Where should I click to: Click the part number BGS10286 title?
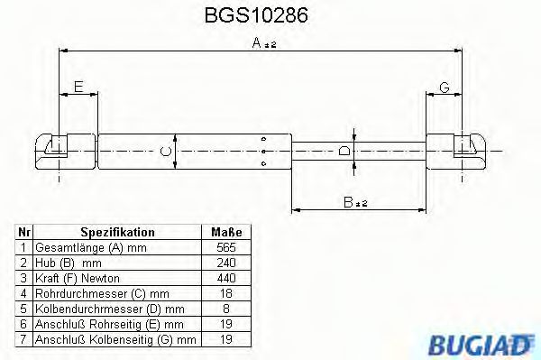point(257,15)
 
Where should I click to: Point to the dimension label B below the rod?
point(350,203)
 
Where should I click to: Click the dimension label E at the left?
point(78,87)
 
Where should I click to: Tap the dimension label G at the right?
point(445,87)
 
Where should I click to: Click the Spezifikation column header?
point(117,232)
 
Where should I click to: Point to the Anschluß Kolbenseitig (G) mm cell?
point(115,340)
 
